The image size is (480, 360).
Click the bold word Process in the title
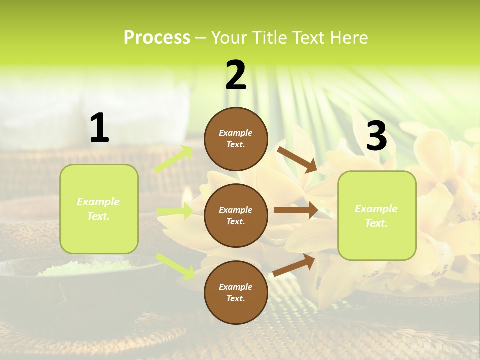point(157,38)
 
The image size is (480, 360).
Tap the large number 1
point(99,128)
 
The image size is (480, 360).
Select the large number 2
point(236,75)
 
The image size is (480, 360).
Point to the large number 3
point(376,136)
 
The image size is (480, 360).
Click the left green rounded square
point(99,209)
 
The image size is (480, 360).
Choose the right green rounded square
point(377,215)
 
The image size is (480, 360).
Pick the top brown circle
point(236,139)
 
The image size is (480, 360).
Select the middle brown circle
point(236,215)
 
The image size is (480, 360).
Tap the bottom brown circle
point(236,292)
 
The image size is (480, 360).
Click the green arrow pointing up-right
point(174,159)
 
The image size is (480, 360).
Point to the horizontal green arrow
point(175,211)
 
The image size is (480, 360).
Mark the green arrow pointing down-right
point(175,266)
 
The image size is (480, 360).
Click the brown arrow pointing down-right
point(297,159)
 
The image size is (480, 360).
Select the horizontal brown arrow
point(296,210)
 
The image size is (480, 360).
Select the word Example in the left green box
point(98,202)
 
